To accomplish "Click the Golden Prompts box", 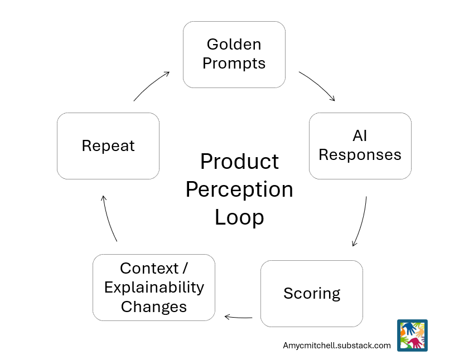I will (x=234, y=54).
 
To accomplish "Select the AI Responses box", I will (x=360, y=145).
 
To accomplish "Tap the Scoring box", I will (x=311, y=293).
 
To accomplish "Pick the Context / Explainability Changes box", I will (x=154, y=287).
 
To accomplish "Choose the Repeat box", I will (x=108, y=146).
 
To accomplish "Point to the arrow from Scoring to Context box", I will (x=238, y=318).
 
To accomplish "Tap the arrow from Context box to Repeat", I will (x=108, y=218).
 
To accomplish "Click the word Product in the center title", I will (x=239, y=162).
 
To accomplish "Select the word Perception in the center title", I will (x=239, y=189).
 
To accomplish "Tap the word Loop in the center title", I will (x=239, y=217).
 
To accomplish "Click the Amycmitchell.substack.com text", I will (x=337, y=346).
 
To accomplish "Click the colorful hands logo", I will (x=412, y=335).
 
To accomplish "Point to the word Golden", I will (x=234, y=44).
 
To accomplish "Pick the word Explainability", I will (x=154, y=288).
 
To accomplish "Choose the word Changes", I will (x=154, y=307).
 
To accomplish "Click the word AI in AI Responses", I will (x=360, y=135).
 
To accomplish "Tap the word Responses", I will (x=360, y=155).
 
